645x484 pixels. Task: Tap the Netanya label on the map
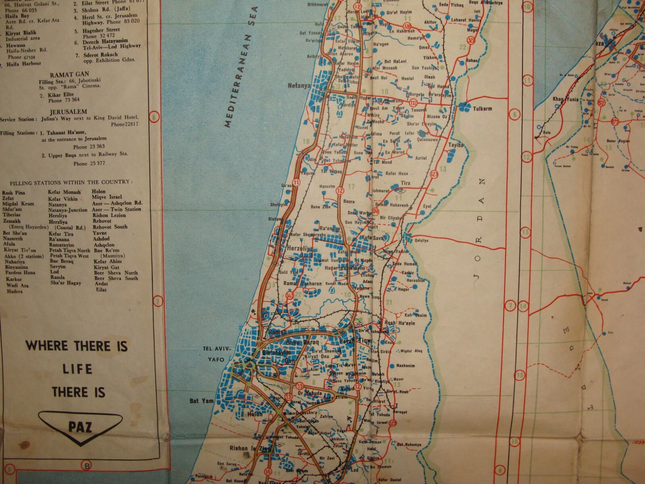click(299, 86)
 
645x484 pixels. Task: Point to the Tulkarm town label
click(482, 109)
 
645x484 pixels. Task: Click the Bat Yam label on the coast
click(201, 401)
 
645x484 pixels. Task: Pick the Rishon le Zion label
click(245, 448)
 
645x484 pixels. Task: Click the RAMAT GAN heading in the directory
click(69, 75)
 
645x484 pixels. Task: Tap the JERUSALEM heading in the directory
click(69, 112)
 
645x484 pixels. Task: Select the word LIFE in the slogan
click(77, 369)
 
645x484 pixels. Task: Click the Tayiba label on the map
click(456, 145)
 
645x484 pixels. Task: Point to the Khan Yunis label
click(565, 99)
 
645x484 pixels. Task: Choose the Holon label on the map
click(255, 414)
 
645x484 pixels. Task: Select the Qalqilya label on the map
click(421, 240)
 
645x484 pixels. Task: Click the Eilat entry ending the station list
click(101, 289)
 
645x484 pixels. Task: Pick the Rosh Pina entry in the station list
click(13, 193)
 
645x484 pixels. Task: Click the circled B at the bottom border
click(87, 466)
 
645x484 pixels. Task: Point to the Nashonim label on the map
click(405, 366)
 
